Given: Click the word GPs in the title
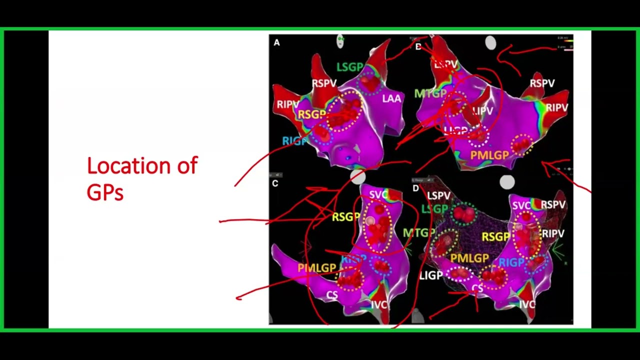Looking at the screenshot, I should (x=105, y=192).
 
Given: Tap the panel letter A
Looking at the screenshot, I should (x=276, y=42).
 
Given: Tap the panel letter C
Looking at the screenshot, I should (x=275, y=183).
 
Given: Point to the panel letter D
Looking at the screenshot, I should (x=416, y=188).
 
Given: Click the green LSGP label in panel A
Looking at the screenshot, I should (x=350, y=67).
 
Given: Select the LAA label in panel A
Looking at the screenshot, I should (x=391, y=98).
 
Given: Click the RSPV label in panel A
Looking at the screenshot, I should (x=324, y=83).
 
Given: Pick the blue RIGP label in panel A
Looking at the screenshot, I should (x=294, y=141).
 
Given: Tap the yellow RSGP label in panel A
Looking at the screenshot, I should (x=311, y=114).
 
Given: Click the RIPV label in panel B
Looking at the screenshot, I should (x=556, y=107).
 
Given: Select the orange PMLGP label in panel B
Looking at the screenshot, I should (x=489, y=155).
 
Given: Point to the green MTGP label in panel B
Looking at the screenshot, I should (x=430, y=93).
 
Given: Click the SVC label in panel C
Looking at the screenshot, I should (x=378, y=194).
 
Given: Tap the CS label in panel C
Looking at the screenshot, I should (x=332, y=295).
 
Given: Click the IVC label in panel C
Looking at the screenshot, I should (x=379, y=304).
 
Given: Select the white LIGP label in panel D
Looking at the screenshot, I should (x=431, y=275).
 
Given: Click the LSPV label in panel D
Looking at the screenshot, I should (x=438, y=196).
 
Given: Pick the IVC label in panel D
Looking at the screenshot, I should (x=527, y=304).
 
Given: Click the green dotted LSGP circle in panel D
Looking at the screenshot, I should (x=464, y=214).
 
